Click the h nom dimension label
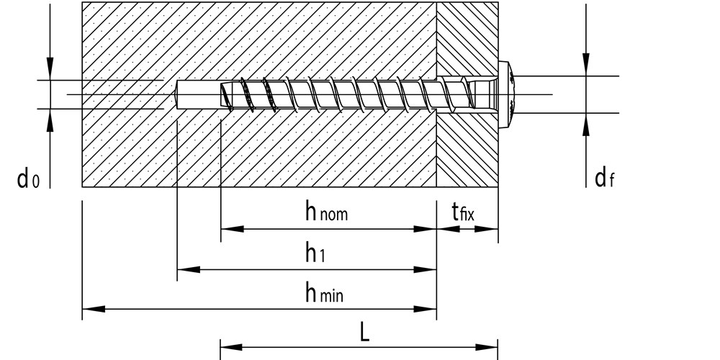(x=326, y=212)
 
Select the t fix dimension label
(x=463, y=212)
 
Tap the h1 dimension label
(x=315, y=253)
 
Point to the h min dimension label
(x=324, y=292)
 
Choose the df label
(x=604, y=178)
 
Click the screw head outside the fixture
(x=505, y=94)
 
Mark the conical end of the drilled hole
(x=174, y=94)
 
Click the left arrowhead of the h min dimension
(x=94, y=309)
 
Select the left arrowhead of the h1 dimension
(x=189, y=269)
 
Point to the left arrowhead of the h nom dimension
(x=233, y=229)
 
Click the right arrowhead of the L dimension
(x=486, y=347)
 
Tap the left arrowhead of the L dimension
(x=232, y=347)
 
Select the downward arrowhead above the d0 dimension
(x=50, y=69)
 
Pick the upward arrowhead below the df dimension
(x=586, y=124)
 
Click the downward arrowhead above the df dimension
(x=586, y=65)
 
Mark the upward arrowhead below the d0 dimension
(x=50, y=120)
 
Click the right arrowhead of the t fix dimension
(x=486, y=229)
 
